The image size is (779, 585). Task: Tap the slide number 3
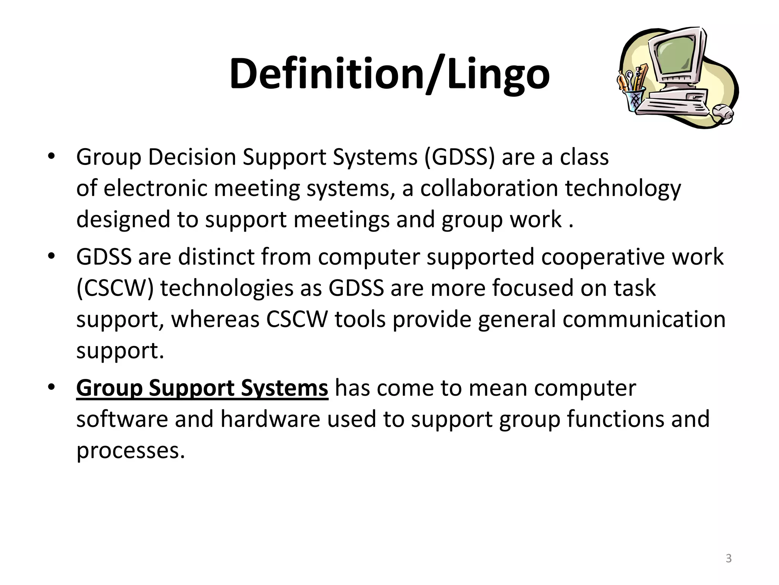(728, 558)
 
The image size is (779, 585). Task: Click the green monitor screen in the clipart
(677, 57)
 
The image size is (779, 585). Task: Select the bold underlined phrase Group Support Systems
(202, 388)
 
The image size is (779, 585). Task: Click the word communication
(644, 319)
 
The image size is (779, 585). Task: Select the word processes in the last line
(130, 451)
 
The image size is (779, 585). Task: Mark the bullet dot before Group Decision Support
(52, 156)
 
